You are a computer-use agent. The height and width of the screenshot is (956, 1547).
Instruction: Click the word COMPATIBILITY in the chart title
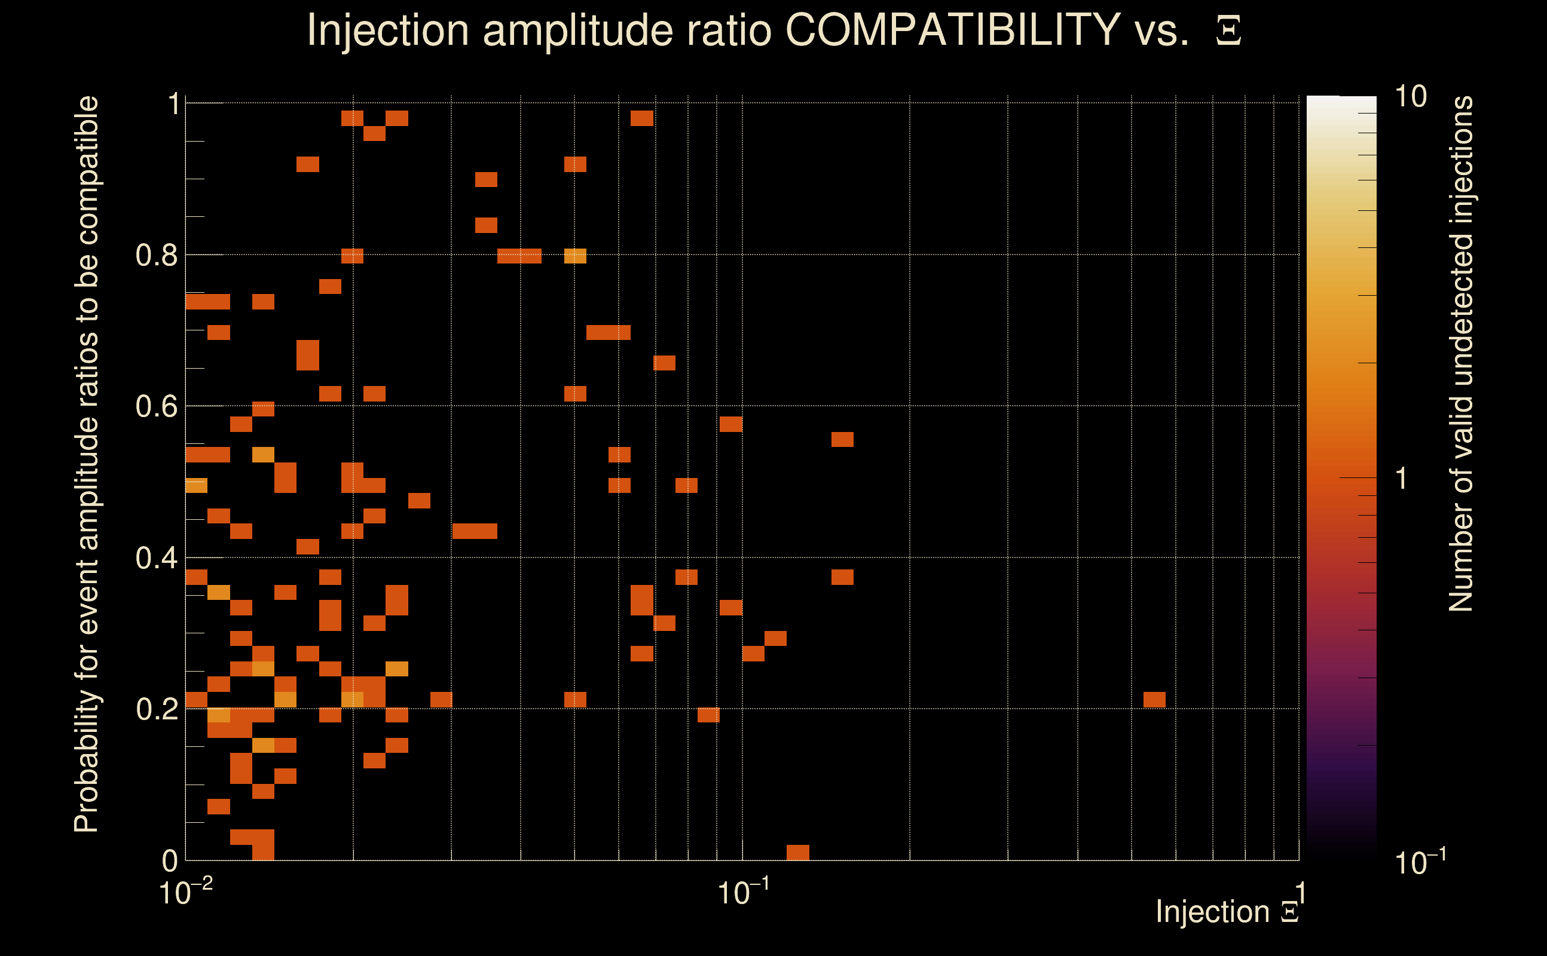(x=952, y=30)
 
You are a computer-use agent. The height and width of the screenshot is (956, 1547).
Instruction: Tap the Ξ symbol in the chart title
(x=1228, y=31)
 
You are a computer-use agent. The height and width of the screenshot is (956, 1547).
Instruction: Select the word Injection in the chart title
(x=388, y=31)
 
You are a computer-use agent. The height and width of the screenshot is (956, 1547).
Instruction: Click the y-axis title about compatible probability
(x=87, y=464)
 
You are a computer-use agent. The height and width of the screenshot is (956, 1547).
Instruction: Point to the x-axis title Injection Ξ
(x=1227, y=912)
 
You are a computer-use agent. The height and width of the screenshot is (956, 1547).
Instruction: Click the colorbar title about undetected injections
(x=1461, y=354)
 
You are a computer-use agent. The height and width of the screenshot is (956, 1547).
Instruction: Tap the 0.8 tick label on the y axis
(x=156, y=256)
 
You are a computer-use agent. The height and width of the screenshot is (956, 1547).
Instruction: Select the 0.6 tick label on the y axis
(x=156, y=406)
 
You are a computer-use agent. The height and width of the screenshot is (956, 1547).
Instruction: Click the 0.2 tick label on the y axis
(x=156, y=709)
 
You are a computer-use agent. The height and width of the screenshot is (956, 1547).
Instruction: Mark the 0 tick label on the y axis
(x=170, y=860)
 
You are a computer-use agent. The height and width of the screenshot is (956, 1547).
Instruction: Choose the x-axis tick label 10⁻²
(x=185, y=892)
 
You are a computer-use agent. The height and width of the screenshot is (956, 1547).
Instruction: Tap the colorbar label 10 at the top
(x=1410, y=97)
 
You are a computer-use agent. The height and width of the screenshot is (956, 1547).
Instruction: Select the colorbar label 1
(x=1402, y=479)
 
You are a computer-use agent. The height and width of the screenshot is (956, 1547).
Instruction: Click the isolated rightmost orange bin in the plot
(x=1154, y=699)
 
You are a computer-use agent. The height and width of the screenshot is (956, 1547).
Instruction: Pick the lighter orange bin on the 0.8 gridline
(x=575, y=256)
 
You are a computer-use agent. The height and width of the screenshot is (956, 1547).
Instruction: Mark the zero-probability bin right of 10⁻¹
(x=797, y=852)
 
